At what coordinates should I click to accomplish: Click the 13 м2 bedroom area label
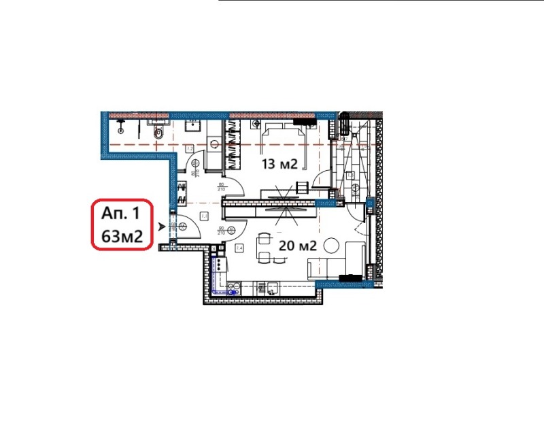click(x=281, y=164)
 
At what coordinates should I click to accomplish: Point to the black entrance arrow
click(x=161, y=228)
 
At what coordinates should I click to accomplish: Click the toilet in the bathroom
click(x=158, y=133)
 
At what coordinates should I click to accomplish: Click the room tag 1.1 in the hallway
click(x=203, y=216)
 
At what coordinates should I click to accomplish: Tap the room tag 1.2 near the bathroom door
click(x=190, y=148)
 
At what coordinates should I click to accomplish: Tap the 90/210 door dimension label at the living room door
click(x=221, y=230)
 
